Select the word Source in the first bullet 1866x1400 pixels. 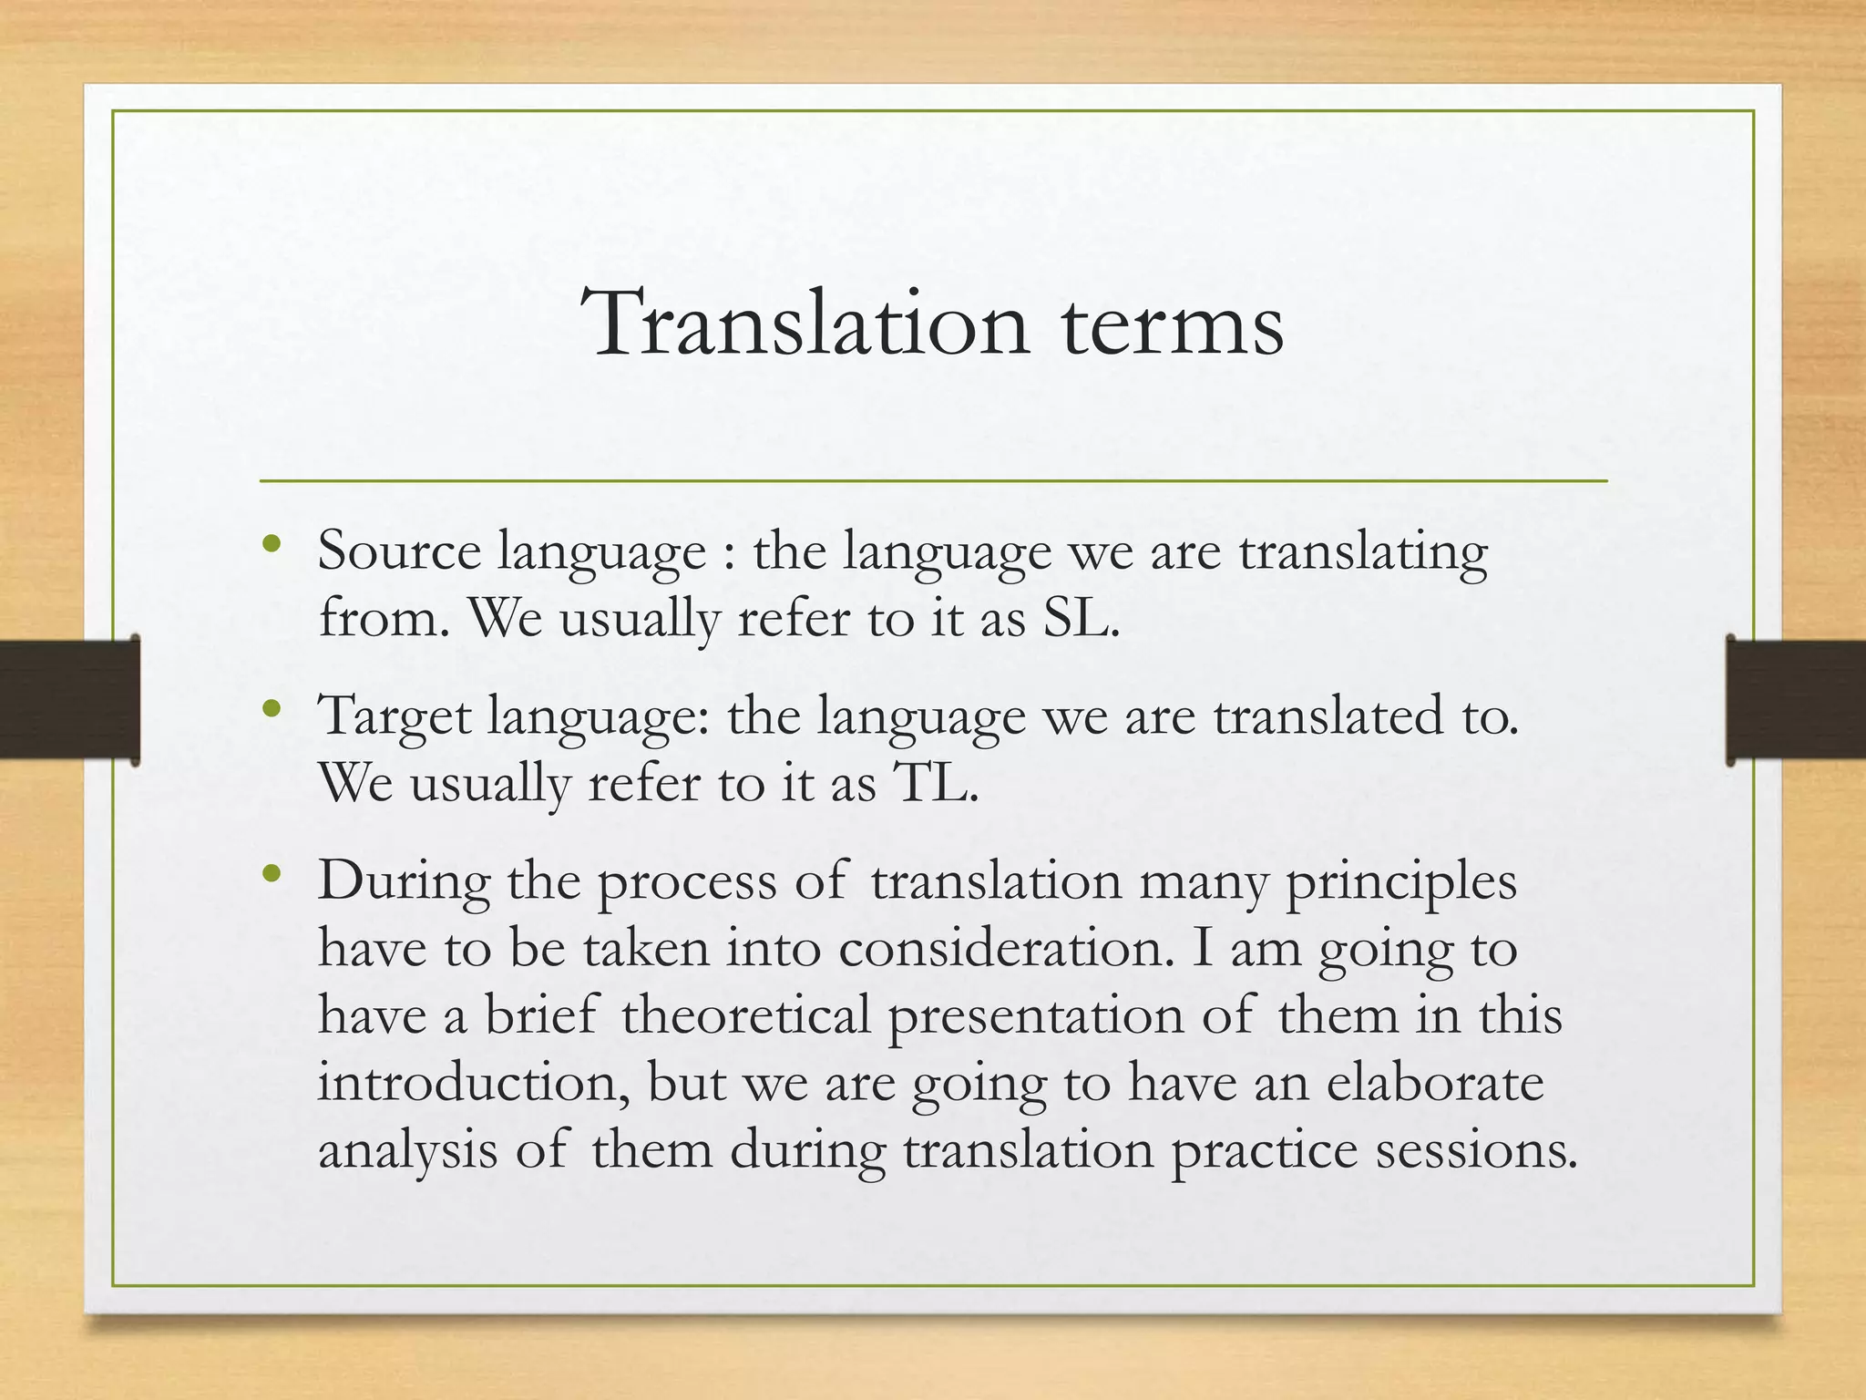[399, 552]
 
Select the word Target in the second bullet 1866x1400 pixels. [394, 716]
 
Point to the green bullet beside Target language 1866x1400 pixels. [271, 709]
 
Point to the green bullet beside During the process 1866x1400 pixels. [271, 875]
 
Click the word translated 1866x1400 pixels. [1328, 716]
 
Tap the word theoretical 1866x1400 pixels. [746, 1015]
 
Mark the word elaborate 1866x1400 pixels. [1435, 1084]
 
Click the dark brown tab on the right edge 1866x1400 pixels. [1795, 699]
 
